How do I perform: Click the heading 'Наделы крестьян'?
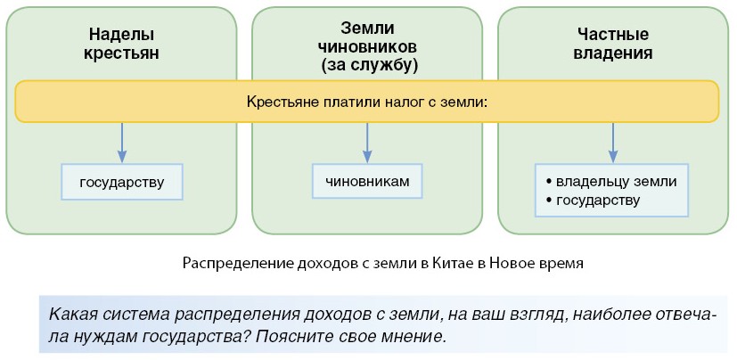pyautogui.click(x=121, y=44)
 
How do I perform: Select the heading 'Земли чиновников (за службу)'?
pyautogui.click(x=367, y=46)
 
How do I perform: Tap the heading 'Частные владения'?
pyautogui.click(x=613, y=44)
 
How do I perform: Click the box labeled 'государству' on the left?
pyautogui.click(x=122, y=183)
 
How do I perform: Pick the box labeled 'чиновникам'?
pyautogui.click(x=367, y=181)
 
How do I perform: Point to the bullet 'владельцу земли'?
pyautogui.click(x=616, y=181)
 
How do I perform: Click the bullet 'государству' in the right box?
pyautogui.click(x=597, y=200)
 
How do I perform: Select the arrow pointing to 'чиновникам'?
pyautogui.click(x=367, y=143)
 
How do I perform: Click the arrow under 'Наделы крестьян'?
pyautogui.click(x=122, y=143)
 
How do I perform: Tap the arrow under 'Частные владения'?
pyautogui.click(x=613, y=143)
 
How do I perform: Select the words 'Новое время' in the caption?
pyautogui.click(x=544, y=264)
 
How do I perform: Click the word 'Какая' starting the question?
pyautogui.click(x=71, y=315)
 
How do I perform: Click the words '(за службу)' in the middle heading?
pyautogui.click(x=369, y=65)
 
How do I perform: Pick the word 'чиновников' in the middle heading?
pyautogui.click(x=367, y=46)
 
